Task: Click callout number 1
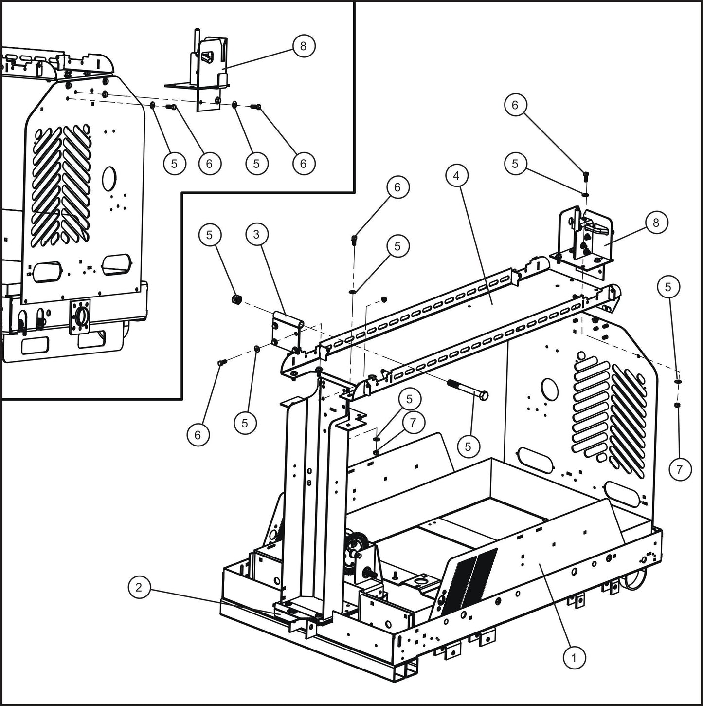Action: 574,658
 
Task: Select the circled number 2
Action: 139,587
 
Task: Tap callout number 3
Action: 256,234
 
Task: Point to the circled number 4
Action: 456,175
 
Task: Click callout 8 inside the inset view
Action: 304,46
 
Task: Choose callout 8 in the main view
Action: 656,223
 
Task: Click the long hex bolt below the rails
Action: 467,390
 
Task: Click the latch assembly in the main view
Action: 584,236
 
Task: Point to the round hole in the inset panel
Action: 110,176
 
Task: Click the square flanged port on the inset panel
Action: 81,316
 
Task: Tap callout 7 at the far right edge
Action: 680,469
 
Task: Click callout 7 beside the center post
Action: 413,422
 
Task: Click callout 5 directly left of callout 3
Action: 209,235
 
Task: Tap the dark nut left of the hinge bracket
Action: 237,298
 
